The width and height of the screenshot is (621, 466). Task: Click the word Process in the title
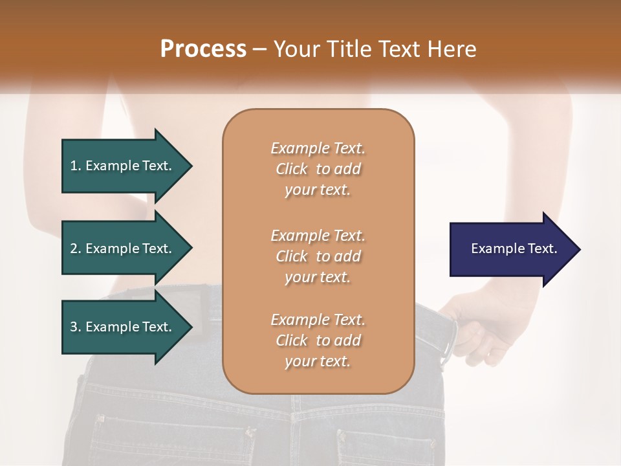click(203, 49)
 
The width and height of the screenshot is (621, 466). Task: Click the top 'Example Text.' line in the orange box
click(318, 148)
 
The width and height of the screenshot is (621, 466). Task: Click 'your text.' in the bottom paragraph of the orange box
click(318, 361)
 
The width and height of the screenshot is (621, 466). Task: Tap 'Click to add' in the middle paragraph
click(318, 256)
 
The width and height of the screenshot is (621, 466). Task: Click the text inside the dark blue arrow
click(514, 249)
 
